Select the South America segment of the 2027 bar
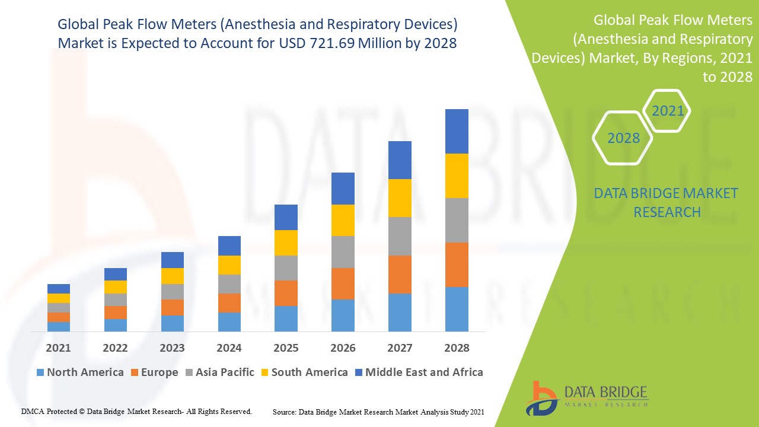coord(400,198)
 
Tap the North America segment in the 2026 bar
coord(343,315)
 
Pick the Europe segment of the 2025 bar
coord(286,293)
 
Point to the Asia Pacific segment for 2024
coord(229,283)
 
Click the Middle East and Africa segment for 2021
coord(59,289)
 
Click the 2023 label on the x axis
coord(172,348)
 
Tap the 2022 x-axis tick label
coord(115,348)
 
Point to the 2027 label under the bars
coord(400,348)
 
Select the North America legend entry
coord(79,372)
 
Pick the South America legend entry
coord(304,372)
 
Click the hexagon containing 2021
coord(667,111)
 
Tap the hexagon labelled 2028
coord(623,138)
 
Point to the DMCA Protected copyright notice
coord(136,411)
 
